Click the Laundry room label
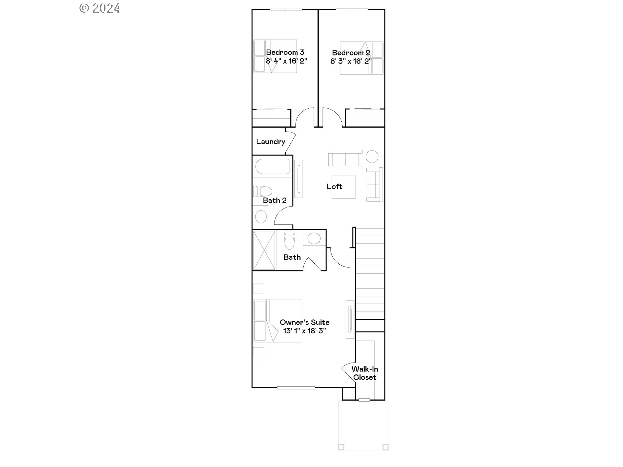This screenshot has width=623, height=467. coord(270,142)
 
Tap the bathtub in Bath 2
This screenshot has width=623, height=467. coord(273,166)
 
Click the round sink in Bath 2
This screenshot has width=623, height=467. coord(261,217)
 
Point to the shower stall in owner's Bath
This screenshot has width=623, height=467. coord(264,250)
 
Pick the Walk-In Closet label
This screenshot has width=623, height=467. coord(365,373)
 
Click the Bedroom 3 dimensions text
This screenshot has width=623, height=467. coord(286,61)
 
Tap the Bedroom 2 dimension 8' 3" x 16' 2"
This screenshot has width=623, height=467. coord(351,61)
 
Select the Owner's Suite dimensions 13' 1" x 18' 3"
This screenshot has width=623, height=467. coord(304,331)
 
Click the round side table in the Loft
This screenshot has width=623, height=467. coord(372,157)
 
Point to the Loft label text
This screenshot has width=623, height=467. coord(334,186)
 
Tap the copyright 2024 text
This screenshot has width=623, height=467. coord(100,8)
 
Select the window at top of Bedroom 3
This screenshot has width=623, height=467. coord(286,9)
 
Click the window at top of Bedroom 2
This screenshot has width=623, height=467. coord(352,9)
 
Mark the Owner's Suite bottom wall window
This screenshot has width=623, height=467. coord(296,388)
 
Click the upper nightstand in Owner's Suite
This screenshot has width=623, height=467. coord(259,288)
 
